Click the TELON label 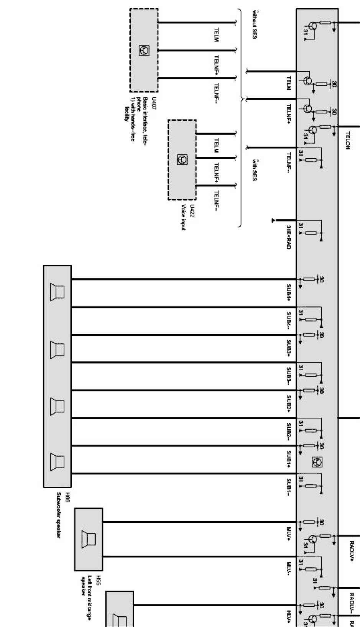(x=348, y=141)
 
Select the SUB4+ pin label (x=289, y=294)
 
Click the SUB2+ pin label (x=289, y=404)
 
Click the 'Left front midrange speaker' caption (x=86, y=585)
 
